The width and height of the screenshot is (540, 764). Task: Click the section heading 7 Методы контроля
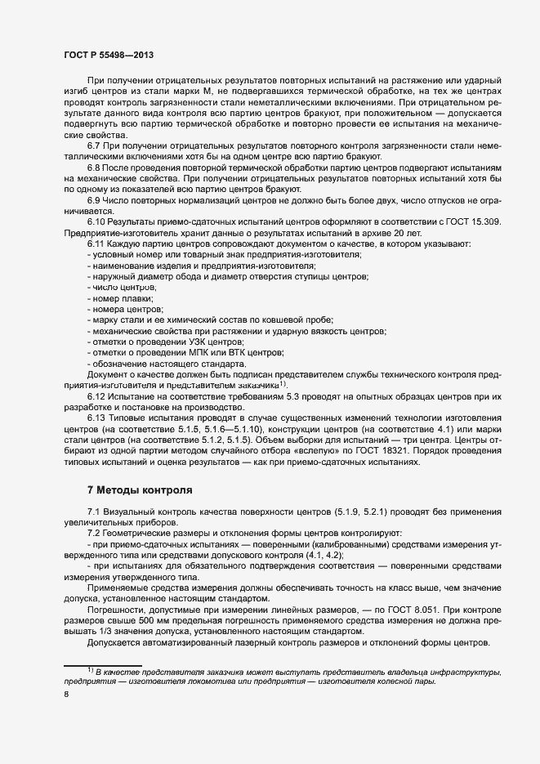tap(139, 491)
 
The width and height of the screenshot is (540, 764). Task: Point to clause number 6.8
tap(94, 167)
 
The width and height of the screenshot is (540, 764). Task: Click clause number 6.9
tap(94, 200)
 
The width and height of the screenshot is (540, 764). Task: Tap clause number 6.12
tap(96, 395)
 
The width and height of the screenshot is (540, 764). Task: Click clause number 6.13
tap(96, 418)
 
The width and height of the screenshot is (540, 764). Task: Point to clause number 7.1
tap(93, 512)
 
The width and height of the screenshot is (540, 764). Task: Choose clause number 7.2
tap(93, 534)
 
